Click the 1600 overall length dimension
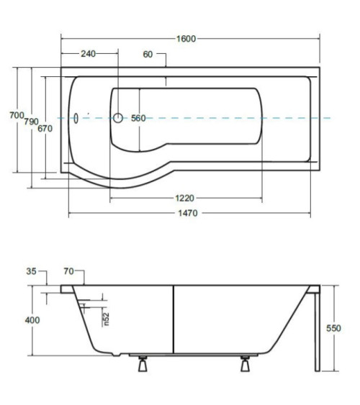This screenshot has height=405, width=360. coord(186,39)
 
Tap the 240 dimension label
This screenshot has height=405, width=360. coord(88,54)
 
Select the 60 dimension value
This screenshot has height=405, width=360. coord(148,54)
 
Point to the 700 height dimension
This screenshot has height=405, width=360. coord(17,115)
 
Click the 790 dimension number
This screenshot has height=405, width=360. coord(31,122)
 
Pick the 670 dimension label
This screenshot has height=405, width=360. coord(45,128)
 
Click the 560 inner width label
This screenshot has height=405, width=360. coord(138,118)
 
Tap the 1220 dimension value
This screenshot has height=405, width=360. coord(184,198)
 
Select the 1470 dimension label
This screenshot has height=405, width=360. coord(188,213)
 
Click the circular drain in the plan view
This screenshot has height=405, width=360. coord(118,118)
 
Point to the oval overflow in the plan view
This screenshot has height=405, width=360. coord(76,118)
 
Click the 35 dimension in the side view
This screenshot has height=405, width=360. coord(31,271)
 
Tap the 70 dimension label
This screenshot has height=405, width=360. coord(68,271)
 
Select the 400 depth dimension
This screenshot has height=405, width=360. coord(32,320)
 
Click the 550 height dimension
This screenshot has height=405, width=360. coord(333,328)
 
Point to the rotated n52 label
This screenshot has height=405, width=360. coord(106,319)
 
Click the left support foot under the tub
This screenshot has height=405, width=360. coord(143,364)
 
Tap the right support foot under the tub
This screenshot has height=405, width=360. coord(245,364)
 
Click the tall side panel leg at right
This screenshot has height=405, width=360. coord(317,332)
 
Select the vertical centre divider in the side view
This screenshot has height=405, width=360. coord(173,319)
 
